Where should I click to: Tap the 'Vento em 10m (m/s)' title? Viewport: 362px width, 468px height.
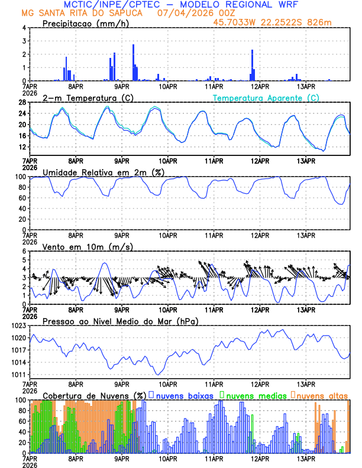[x=79, y=246]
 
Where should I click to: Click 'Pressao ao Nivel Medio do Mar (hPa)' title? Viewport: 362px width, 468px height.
[x=120, y=321]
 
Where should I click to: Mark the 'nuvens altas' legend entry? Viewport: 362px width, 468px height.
[x=322, y=395]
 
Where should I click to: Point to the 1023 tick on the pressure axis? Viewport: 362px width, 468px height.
[x=20, y=326]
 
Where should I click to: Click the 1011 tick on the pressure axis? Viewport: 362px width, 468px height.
[x=20, y=375]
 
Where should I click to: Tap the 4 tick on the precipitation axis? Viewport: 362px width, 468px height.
[x=24, y=28]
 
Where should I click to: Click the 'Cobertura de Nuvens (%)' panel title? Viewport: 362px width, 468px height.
[x=95, y=395]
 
